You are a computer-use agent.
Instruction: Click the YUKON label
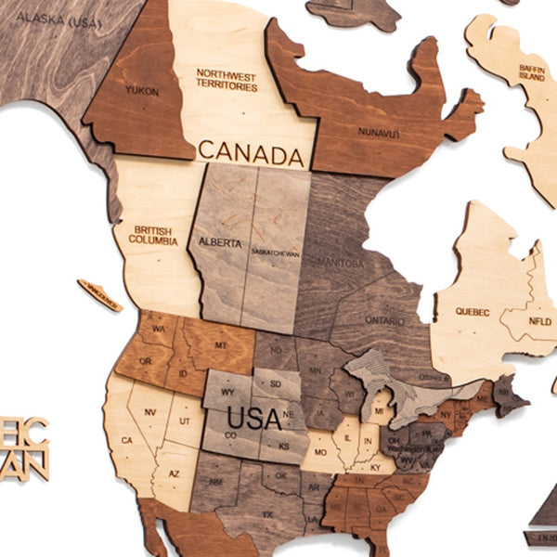pos(143,91)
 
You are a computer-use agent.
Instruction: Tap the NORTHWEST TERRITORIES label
pos(227,79)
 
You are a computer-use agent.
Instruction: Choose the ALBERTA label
pos(219,243)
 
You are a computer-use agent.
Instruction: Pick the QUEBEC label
pos(472,312)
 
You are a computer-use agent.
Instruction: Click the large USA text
pos(253,418)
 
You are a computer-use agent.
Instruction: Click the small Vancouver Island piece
pos(99,294)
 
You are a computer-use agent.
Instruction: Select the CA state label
pos(128,440)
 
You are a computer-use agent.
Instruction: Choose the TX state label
pos(268,513)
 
